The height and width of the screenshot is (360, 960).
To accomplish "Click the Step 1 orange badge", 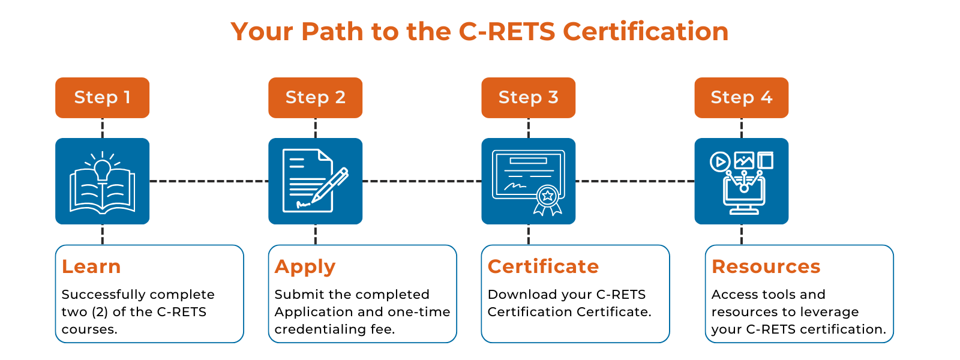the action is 103,98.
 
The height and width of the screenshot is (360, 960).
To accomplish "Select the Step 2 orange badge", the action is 316,98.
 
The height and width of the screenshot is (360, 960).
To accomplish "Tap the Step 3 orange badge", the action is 529,98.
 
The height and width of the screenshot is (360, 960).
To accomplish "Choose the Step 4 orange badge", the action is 742,98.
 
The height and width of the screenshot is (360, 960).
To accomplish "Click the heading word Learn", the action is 91,266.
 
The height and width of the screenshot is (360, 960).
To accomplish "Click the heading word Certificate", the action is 543,266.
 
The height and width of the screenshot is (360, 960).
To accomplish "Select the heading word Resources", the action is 766,266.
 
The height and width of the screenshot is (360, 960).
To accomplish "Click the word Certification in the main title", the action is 646,31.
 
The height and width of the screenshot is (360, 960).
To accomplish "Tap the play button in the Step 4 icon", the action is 720,162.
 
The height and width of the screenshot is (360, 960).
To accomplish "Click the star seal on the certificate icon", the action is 547,197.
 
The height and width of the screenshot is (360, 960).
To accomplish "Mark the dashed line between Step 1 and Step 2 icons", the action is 209,181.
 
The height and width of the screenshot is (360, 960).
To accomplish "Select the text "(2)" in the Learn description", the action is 100,312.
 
